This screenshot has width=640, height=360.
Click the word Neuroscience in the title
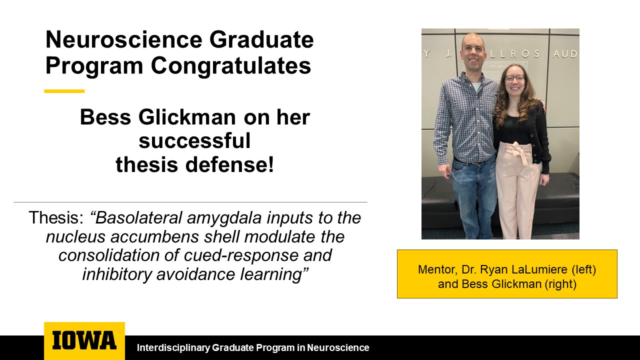tap(124, 39)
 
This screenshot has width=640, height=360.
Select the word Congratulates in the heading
tap(231, 65)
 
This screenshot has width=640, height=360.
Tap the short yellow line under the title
tap(64, 91)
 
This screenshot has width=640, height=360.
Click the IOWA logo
tap(84, 340)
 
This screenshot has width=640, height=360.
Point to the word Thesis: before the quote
tap(56, 217)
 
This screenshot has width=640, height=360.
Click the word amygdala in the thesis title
tap(224, 218)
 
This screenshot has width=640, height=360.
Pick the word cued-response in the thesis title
tap(241, 255)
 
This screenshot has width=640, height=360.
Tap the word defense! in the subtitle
tap(230, 164)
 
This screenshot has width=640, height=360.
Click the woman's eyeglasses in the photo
tap(514, 78)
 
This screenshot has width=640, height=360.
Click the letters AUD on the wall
tap(565, 53)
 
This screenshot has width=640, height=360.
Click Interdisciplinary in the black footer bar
tap(173, 347)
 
